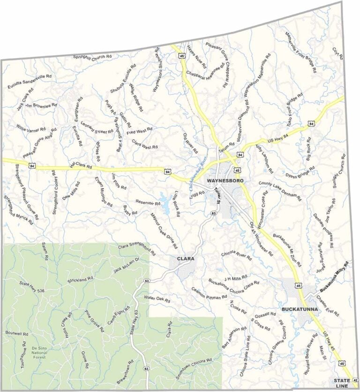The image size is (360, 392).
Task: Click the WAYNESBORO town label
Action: [225, 180]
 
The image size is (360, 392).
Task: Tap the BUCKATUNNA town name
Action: [300, 310]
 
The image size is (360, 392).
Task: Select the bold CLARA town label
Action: [186, 259]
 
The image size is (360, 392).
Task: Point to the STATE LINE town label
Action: [342, 383]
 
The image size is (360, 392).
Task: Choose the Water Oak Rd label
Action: [157, 298]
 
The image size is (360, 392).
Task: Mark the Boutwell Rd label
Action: [17, 333]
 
